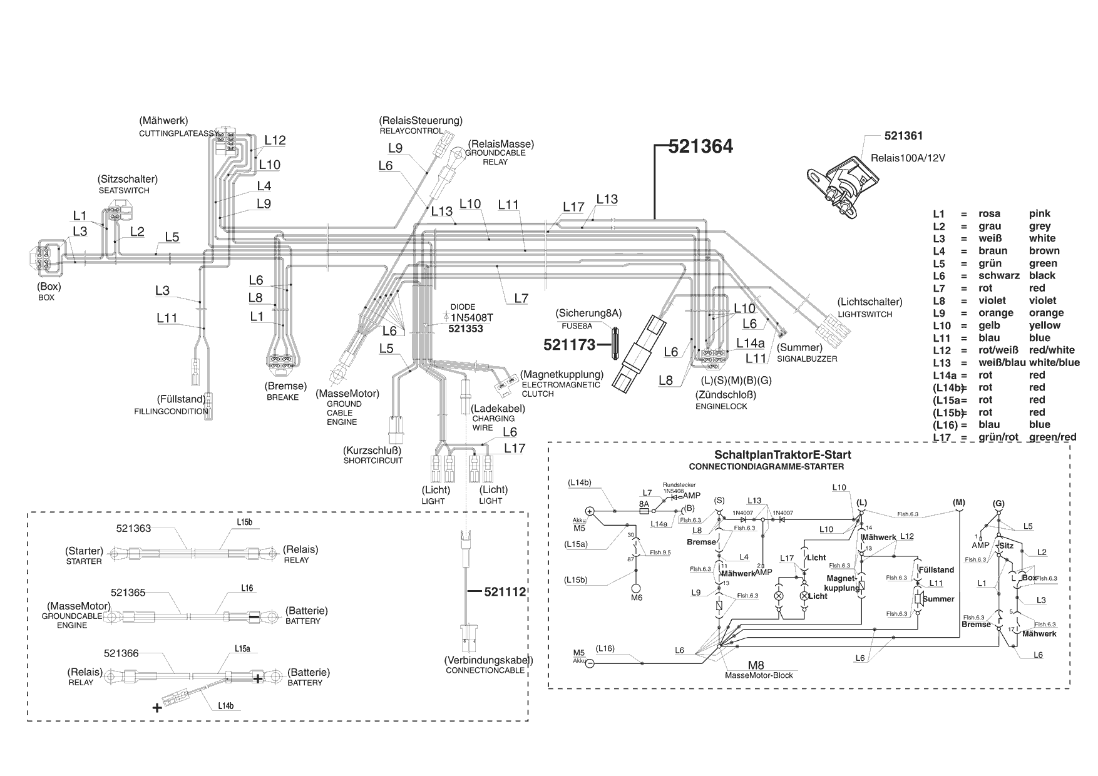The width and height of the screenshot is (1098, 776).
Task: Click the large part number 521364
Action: [x=700, y=146]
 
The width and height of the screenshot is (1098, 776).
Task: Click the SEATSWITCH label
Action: [x=124, y=190]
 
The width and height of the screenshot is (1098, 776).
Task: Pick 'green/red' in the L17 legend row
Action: [x=1052, y=437]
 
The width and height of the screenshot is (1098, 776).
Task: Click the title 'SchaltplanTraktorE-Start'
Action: [x=782, y=455]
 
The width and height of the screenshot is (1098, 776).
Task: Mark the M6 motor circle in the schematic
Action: [x=636, y=588]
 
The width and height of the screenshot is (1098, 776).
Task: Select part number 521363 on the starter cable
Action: [x=133, y=528]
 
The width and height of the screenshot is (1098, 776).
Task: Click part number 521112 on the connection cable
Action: [x=505, y=591]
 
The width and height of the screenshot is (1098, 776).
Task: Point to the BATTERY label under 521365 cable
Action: [x=302, y=621]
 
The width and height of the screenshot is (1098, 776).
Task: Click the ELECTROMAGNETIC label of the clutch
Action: [x=561, y=385]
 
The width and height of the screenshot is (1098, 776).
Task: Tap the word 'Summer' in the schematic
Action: [x=938, y=599]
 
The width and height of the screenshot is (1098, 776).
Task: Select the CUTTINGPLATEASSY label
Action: [x=178, y=134]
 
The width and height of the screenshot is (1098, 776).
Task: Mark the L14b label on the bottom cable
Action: [x=226, y=706]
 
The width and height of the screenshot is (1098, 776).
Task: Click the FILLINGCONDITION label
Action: [x=171, y=412]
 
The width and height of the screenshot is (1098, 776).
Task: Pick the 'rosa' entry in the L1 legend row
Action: [x=990, y=213]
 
